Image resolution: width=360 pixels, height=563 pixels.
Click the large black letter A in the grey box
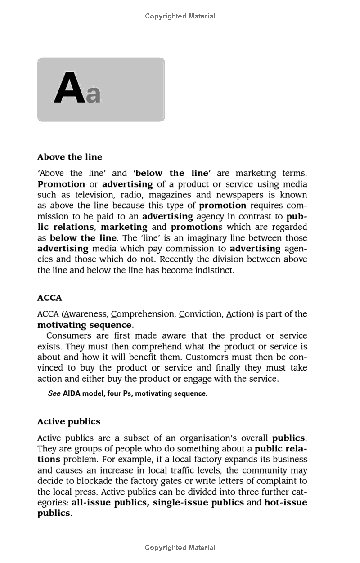click(69, 88)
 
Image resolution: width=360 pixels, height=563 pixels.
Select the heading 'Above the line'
click(70, 157)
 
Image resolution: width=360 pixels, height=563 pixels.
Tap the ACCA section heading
click(49, 298)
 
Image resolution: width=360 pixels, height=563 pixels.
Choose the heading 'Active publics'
click(68, 421)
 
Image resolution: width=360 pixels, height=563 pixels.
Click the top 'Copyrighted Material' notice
click(180, 16)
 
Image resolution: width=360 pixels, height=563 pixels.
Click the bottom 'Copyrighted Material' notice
click(180, 548)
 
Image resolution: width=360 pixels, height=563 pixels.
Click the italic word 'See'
click(54, 393)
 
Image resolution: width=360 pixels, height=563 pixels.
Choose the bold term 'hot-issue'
click(286, 503)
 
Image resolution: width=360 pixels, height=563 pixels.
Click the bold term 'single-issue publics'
click(198, 503)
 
